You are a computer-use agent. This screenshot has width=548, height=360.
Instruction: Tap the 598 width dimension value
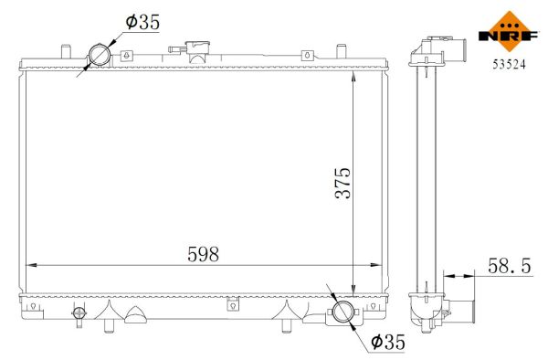coord(203,254)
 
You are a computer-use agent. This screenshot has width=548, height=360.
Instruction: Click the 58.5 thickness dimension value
coord(509,265)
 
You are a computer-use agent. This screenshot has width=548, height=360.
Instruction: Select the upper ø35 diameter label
coord(141,23)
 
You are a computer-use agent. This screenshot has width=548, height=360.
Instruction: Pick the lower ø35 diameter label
coord(387,343)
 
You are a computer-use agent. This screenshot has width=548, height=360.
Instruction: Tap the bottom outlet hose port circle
coord(342,312)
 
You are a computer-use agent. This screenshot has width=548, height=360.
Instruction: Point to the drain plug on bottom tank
coord(79,315)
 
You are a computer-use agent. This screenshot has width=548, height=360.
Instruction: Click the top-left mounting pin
coord(63,48)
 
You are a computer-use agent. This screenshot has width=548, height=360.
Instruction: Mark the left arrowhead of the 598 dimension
coord(29,265)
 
